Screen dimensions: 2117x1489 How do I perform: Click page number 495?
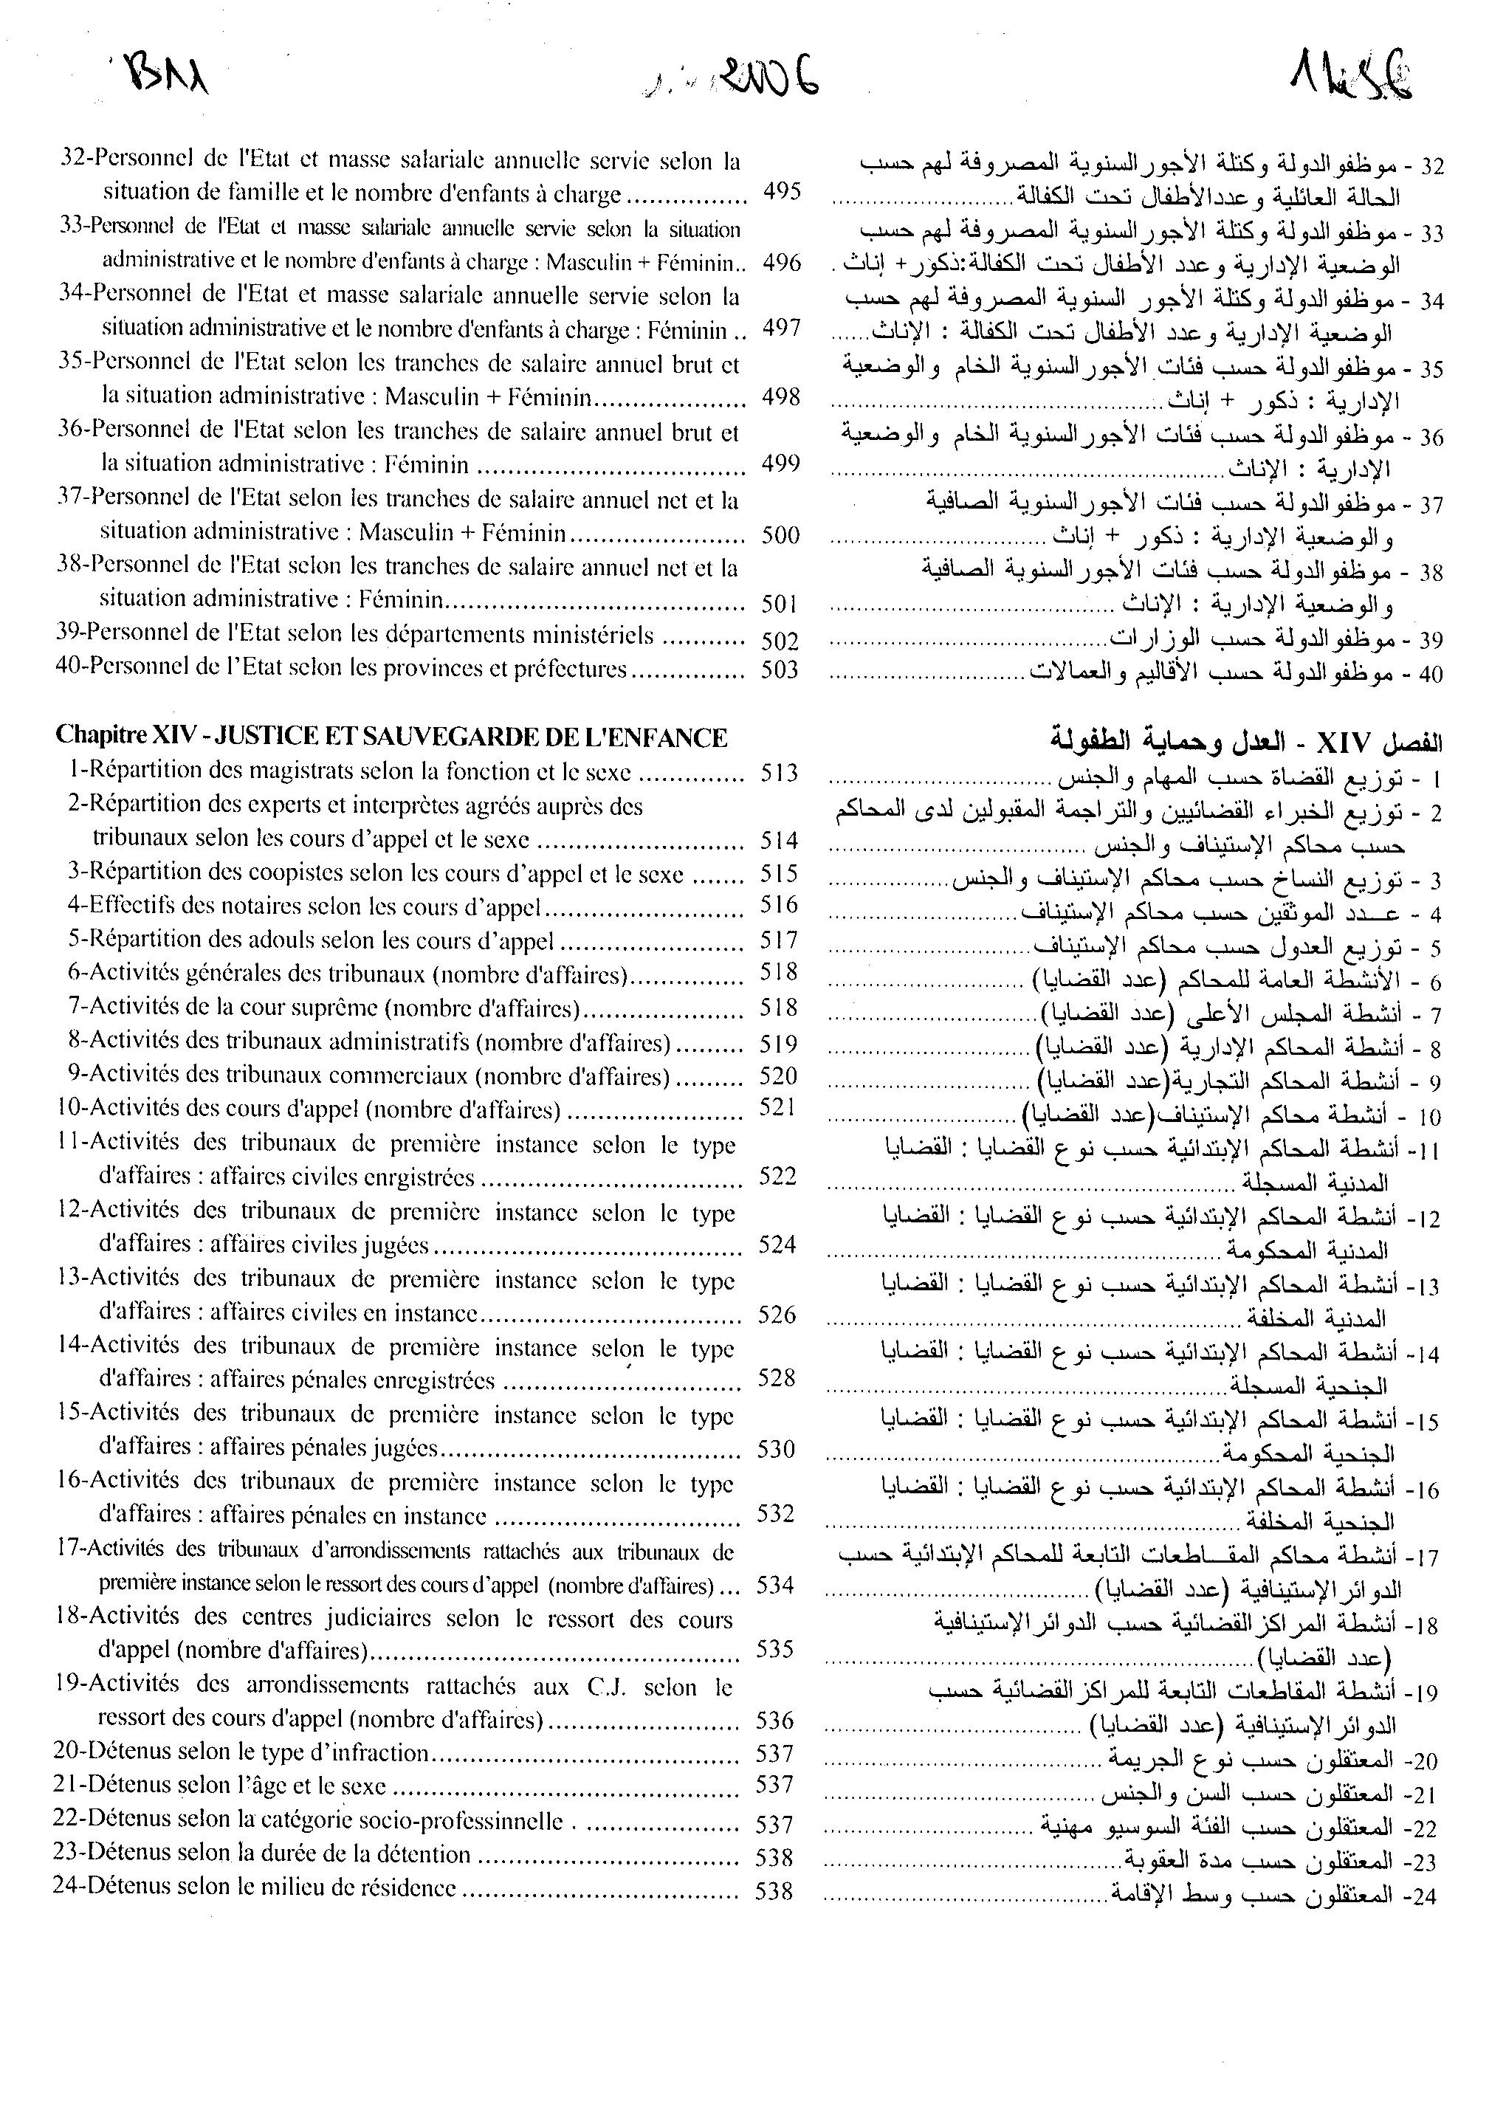tap(782, 193)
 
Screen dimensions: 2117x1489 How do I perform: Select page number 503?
tap(779, 669)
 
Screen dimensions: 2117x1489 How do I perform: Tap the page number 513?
tap(779, 773)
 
